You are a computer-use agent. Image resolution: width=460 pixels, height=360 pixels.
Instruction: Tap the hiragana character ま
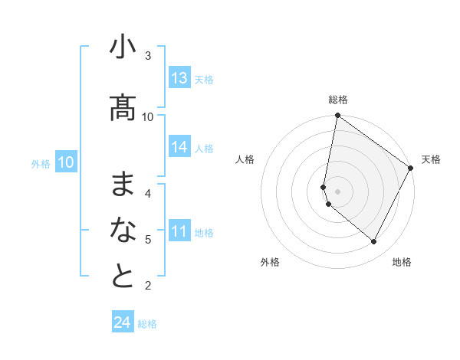click(x=123, y=185)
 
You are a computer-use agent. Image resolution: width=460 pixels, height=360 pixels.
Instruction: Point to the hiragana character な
click(x=123, y=230)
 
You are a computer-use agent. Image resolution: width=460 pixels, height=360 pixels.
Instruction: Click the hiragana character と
click(x=123, y=276)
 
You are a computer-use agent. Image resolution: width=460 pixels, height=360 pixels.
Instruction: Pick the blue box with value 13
click(x=179, y=78)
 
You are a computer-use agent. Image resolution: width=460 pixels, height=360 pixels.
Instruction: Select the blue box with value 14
click(x=179, y=147)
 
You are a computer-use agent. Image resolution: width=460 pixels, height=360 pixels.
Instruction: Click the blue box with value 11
click(x=179, y=231)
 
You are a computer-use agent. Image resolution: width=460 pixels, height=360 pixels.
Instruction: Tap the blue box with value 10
click(x=65, y=162)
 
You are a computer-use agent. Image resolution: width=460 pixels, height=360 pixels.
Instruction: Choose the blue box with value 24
click(x=123, y=322)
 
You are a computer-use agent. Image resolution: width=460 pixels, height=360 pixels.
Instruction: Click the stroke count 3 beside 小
click(x=148, y=55)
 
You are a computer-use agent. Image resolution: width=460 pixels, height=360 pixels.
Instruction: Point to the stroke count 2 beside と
click(x=148, y=286)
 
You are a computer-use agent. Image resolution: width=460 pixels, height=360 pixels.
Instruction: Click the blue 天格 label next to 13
click(x=204, y=80)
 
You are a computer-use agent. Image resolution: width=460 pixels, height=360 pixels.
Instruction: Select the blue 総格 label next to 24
click(x=147, y=324)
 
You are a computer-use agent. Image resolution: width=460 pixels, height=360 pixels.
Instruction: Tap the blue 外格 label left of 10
click(x=41, y=164)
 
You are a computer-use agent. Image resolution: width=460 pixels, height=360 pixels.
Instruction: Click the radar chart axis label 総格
click(x=337, y=100)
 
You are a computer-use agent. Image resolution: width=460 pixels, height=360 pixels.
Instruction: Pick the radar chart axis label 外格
click(x=270, y=262)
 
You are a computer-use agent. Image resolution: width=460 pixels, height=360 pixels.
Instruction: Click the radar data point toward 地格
click(x=374, y=242)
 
